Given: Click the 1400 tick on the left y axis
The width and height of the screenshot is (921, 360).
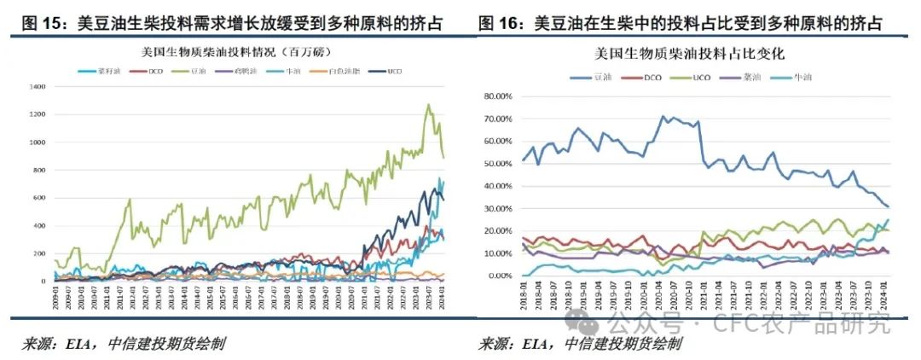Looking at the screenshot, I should (x=37, y=87).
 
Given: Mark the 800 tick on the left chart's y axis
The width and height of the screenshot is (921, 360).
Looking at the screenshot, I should (x=39, y=170).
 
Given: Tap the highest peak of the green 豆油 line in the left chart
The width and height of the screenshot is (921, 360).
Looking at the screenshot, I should (x=428, y=105).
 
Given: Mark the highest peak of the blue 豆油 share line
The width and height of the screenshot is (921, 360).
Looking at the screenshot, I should (x=663, y=116).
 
